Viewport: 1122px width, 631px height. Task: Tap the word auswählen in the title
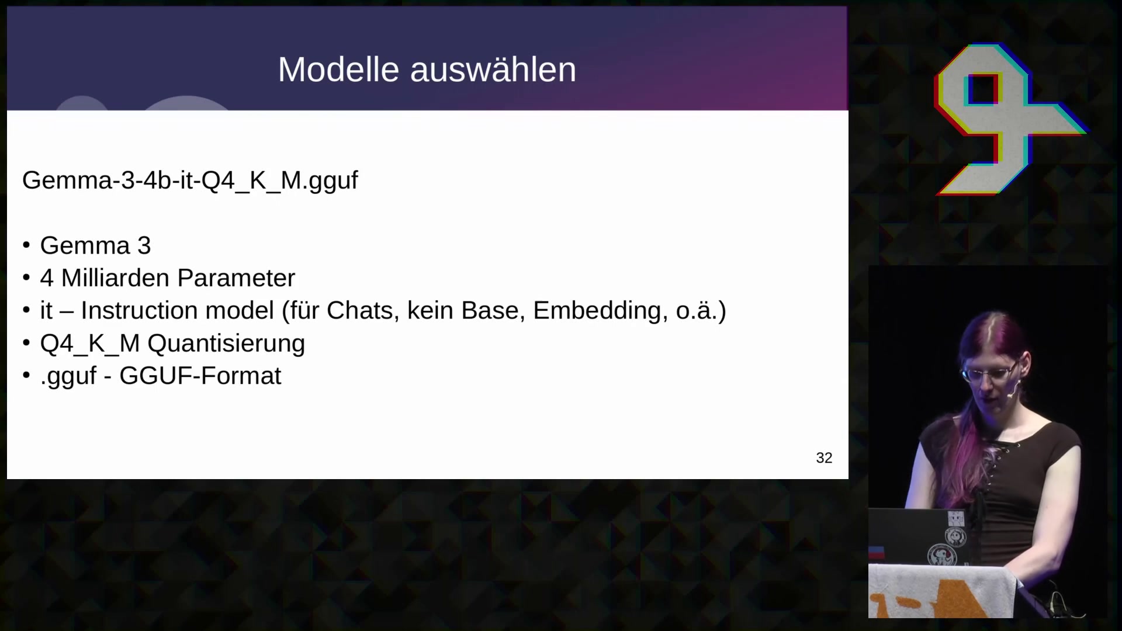coord(493,70)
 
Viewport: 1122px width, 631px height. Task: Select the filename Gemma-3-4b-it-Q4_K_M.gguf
coord(190,181)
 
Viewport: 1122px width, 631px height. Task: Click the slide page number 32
coord(824,458)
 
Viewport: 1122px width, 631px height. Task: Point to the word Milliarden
coord(115,278)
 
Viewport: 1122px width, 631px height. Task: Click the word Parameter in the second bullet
coord(237,278)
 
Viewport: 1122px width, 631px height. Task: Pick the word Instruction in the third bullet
coord(177,311)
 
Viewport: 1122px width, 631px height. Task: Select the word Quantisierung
coord(226,344)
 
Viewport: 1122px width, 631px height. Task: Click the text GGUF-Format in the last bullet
coord(200,376)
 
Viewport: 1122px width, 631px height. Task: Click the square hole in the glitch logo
coord(982,89)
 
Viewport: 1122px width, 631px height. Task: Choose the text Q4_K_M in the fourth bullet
coord(90,344)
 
